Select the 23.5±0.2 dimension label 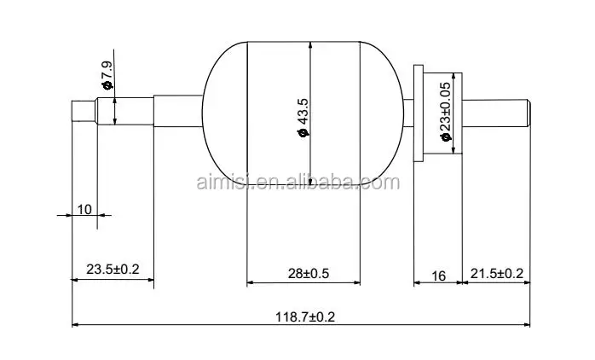coord(113,270)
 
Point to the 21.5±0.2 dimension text coord(496,273)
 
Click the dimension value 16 coord(438,275)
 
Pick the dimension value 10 coord(84,208)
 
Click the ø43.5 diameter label coord(302,116)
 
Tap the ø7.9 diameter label coord(107,76)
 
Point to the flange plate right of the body coord(419,112)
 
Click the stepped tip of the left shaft coord(82,112)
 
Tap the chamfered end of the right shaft coord(528,112)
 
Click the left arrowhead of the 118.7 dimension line coord(76,325)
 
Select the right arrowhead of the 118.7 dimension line coord(526,325)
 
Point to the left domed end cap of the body coord(223,112)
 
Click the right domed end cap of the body coord(381,112)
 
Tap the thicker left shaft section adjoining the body coord(177,112)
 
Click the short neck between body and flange coord(407,112)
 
